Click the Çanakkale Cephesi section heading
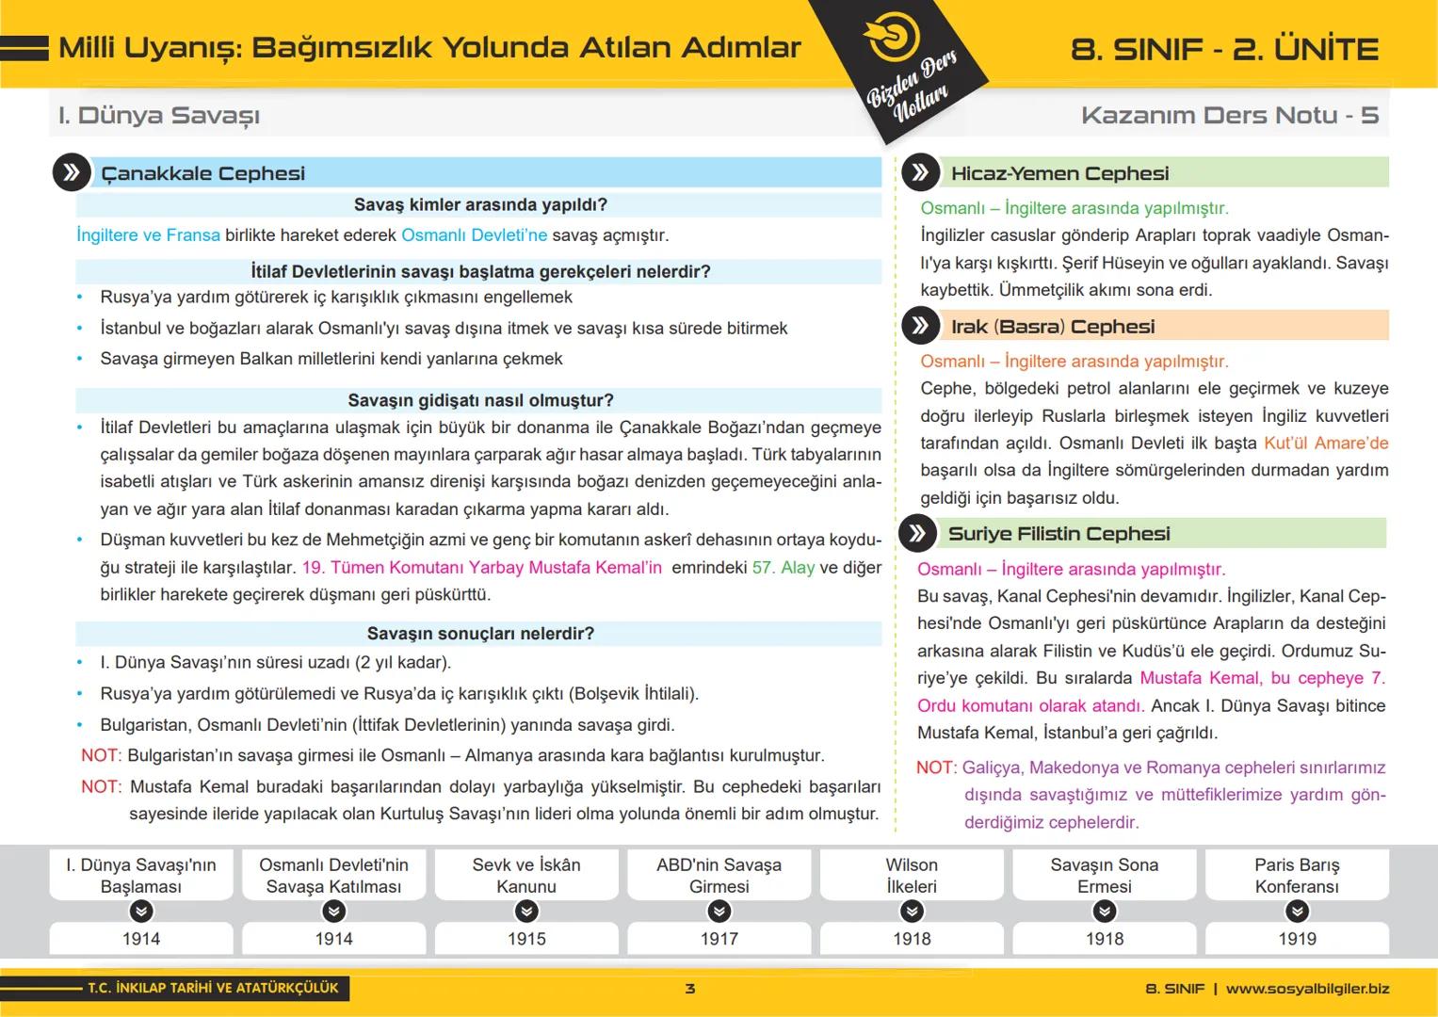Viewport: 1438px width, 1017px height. (202, 173)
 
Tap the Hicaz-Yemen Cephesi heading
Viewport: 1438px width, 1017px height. (1059, 173)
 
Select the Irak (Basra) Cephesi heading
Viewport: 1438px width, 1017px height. (1052, 327)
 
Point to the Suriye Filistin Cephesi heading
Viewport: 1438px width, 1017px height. (1058, 534)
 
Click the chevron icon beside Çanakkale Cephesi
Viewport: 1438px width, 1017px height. (72, 172)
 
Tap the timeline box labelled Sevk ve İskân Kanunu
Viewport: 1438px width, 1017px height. (526, 875)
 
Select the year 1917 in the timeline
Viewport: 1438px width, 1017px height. (719, 939)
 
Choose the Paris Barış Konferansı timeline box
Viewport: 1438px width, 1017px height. (1297, 875)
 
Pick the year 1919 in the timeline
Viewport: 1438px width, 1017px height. (1297, 939)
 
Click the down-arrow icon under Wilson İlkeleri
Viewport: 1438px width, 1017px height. (912, 911)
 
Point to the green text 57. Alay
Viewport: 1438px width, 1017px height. (784, 568)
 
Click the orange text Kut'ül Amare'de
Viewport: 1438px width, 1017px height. (1326, 444)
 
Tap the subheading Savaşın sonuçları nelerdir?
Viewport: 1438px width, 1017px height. (480, 634)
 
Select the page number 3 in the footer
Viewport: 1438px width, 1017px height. (690, 989)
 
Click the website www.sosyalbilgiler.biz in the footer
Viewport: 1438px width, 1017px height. (1307, 989)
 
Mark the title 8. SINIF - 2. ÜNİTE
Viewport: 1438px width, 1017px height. (1224, 49)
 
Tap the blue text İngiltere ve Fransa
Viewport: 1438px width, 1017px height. (148, 235)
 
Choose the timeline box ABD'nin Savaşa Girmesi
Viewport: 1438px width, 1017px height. (719, 875)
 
